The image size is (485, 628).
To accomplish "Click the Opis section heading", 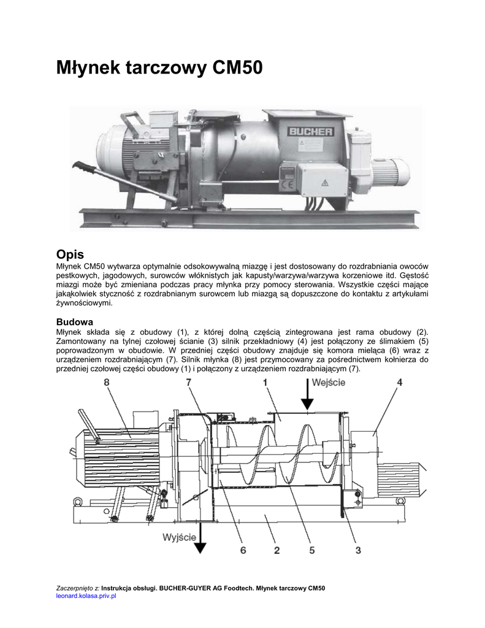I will [70, 253].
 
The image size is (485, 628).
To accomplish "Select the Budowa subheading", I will [75, 321].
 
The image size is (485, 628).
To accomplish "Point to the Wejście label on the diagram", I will [328, 382].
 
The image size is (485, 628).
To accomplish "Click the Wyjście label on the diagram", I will [179, 537].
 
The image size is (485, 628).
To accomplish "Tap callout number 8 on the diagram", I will [107, 383].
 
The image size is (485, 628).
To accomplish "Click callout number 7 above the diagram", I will [189, 383].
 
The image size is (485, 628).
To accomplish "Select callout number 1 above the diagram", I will [265, 383].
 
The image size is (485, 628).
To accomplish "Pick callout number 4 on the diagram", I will [399, 383].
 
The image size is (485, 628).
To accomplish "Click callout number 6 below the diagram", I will [243, 550].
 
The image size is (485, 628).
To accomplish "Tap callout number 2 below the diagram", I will [277, 550].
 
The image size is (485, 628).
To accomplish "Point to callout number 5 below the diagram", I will [312, 550].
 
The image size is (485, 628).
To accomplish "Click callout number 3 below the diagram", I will [357, 550].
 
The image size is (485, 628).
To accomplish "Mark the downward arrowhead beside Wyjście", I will [202, 548].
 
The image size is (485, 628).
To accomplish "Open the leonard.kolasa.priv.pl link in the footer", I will [86, 595].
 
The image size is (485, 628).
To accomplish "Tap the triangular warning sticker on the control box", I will [325, 182].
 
